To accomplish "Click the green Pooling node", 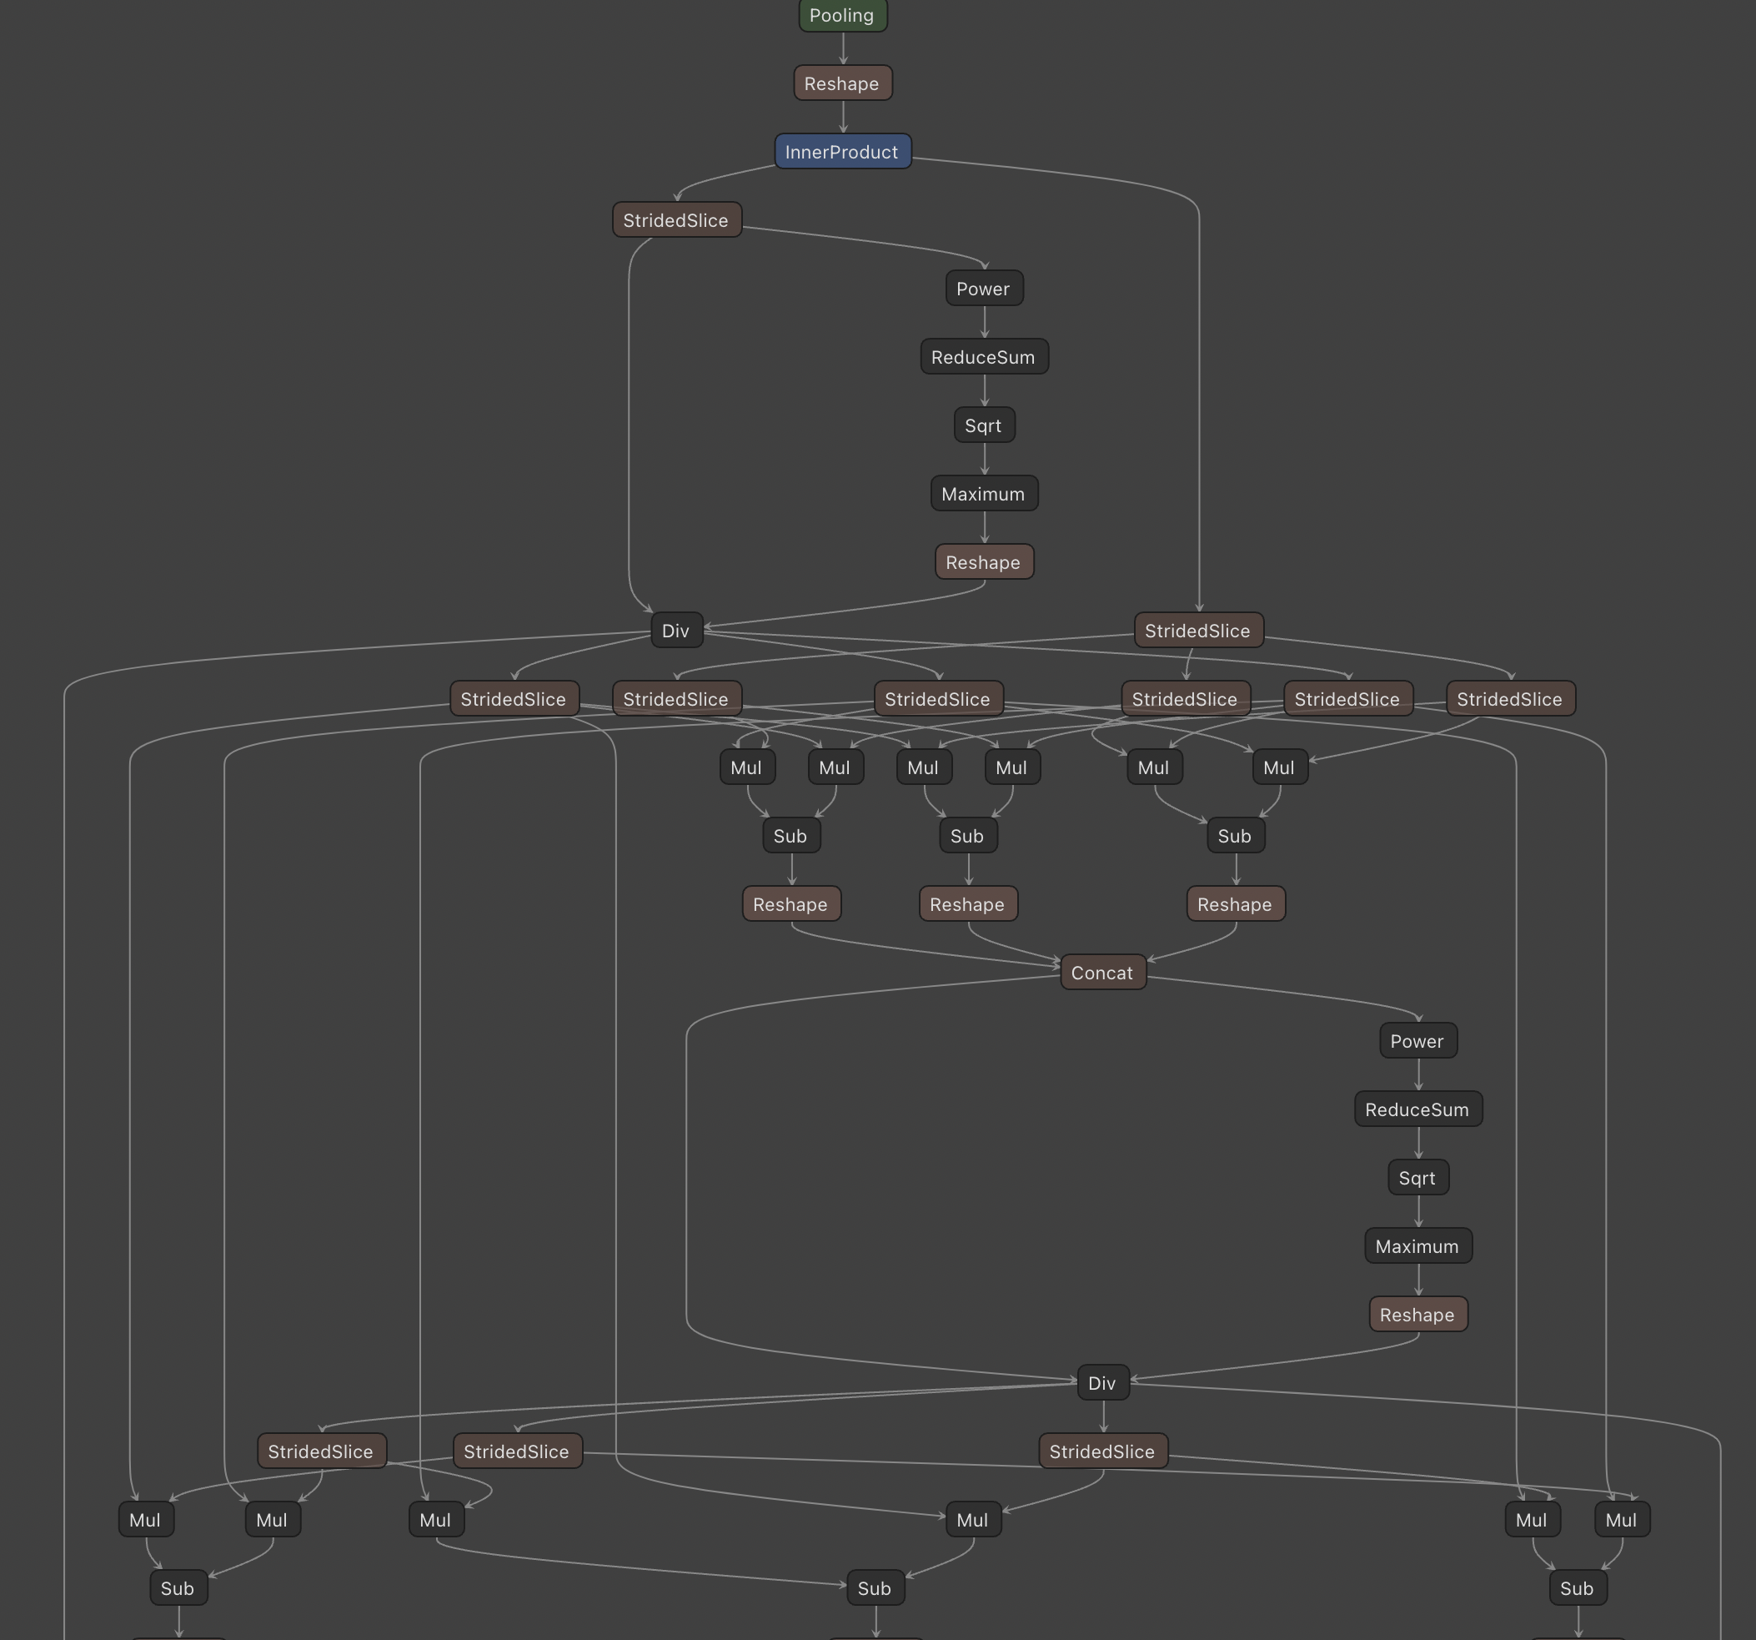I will click(843, 15).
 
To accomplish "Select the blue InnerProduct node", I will click(843, 151).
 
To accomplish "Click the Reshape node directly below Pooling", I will click(843, 83).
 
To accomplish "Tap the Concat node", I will click(1102, 972).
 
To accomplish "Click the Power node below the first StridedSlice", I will click(984, 288).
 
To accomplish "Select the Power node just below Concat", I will click(1417, 1041).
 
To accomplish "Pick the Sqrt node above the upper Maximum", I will click(984, 425).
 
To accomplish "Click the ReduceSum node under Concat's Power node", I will click(1417, 1109).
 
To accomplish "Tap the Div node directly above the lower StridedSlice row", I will click(1102, 1383).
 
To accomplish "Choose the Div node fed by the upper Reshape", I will click(676, 630).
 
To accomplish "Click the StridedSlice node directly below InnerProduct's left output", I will click(676, 220).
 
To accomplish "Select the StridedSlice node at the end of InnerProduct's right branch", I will click(1197, 630).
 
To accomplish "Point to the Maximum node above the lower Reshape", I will click(1417, 1246).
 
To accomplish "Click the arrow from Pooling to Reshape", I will click(844, 48).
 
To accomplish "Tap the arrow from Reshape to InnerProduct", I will click(844, 117).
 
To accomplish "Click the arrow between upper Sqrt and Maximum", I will click(985, 459).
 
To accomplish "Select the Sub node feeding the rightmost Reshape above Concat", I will click(1235, 835).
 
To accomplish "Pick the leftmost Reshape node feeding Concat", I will click(791, 904).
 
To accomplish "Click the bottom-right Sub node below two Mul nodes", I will click(1578, 1588).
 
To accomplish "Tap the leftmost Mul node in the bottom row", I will click(146, 1520).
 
